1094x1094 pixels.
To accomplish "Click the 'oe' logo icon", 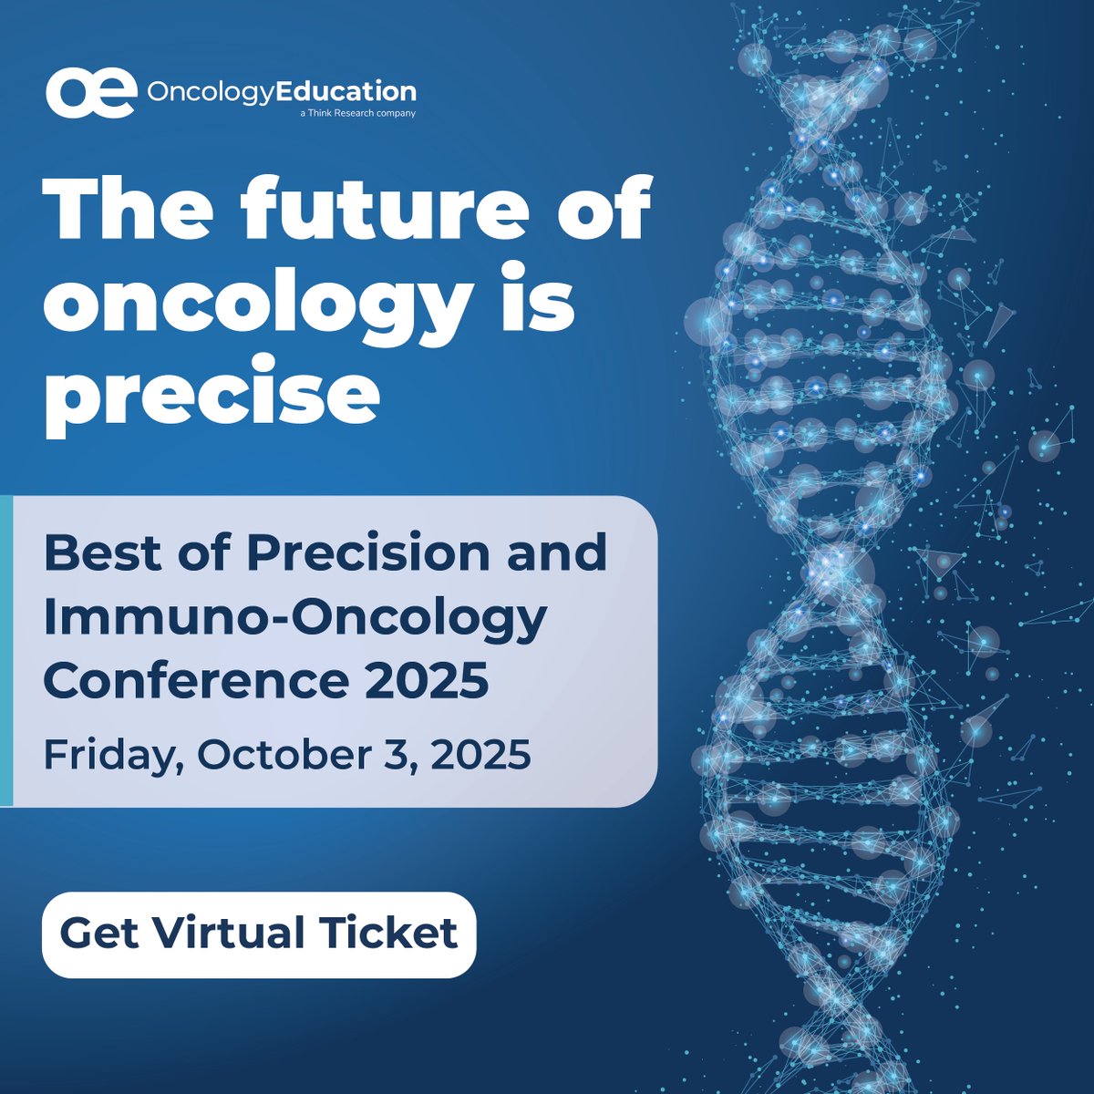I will [x=91, y=92].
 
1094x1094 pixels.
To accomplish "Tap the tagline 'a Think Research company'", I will [x=357, y=114].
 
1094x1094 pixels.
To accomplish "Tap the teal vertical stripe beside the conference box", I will [x=6, y=651].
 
